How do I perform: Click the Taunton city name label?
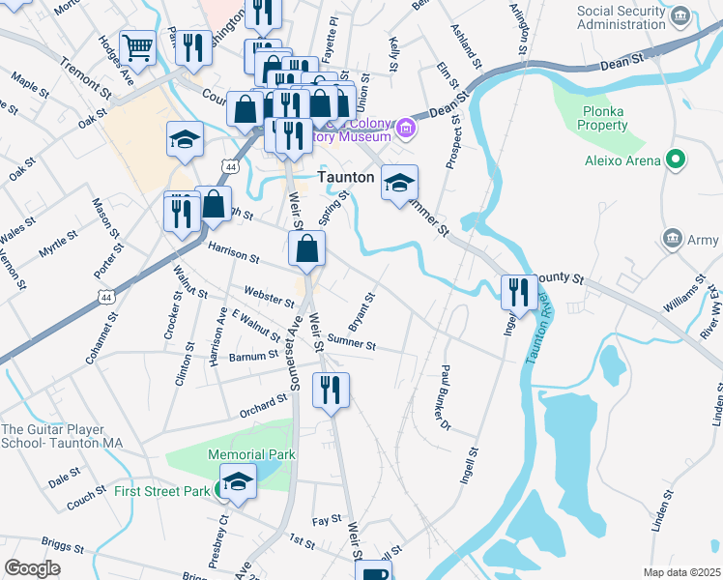point(346,178)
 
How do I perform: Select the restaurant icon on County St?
point(518,292)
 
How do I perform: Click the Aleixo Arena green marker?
point(677,160)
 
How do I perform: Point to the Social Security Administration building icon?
point(680,16)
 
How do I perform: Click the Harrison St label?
point(233,254)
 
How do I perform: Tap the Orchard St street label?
point(264,404)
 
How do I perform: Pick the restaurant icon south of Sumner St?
point(331,390)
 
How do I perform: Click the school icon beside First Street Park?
point(238,481)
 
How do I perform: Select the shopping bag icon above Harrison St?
point(306,248)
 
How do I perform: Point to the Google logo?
point(32,568)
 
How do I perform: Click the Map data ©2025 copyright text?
point(681,572)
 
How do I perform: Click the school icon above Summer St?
point(399,184)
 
